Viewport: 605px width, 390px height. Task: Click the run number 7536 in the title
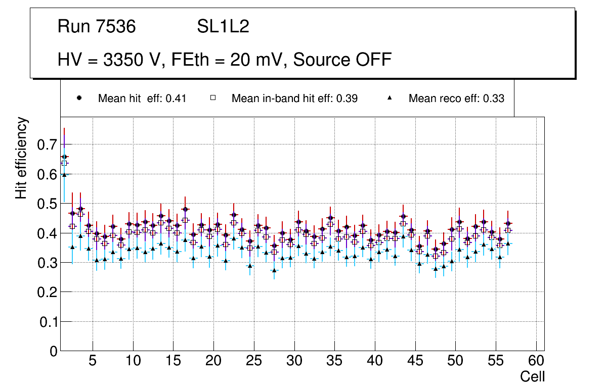116,27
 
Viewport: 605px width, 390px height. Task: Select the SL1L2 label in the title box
223,27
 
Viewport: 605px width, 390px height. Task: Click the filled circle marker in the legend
79,98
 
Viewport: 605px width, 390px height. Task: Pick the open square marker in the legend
213,98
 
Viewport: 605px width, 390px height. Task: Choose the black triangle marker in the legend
390,98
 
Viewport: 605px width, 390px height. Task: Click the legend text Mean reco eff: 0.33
456,99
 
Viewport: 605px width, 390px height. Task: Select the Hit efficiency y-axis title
22,158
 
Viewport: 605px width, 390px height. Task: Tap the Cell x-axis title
533,376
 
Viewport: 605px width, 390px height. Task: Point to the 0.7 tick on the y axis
49,145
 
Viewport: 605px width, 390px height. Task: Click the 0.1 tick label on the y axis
49,322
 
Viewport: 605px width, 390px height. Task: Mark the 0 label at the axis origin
54,352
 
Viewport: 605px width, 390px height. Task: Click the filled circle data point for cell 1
64,157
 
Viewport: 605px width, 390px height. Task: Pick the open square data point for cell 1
64,163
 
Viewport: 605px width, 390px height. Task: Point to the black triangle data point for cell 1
64,175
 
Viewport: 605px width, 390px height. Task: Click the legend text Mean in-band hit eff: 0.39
294,99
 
